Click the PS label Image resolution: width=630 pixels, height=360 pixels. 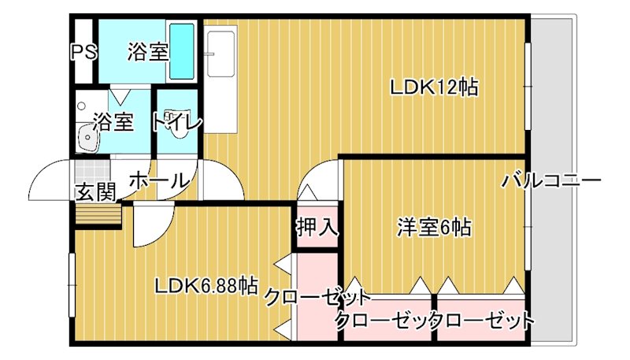[x=83, y=53]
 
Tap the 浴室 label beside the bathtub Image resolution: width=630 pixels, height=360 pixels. [x=148, y=53]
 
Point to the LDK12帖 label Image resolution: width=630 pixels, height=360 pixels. [x=435, y=87]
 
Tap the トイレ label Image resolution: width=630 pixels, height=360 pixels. [x=177, y=123]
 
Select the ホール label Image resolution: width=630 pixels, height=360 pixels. [x=157, y=180]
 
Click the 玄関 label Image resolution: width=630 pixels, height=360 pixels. [x=96, y=191]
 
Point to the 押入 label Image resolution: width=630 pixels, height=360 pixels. [x=317, y=228]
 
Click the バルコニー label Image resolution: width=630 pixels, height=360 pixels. [x=551, y=181]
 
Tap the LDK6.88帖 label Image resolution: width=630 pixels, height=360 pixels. [x=206, y=284]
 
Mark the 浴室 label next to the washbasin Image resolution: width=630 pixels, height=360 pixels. [x=113, y=123]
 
